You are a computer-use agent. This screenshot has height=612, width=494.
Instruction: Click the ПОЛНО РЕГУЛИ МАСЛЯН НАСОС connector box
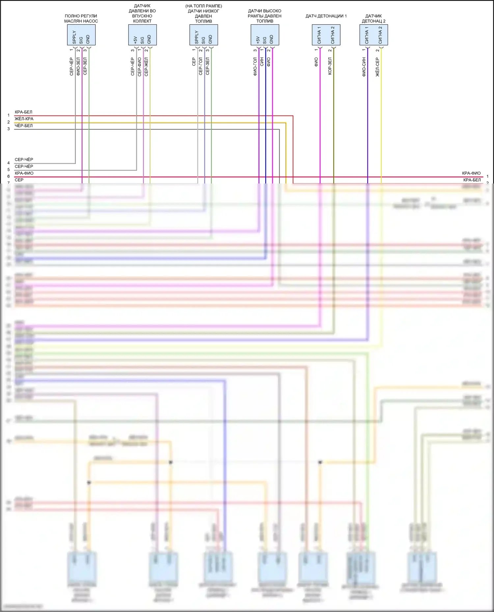tap(81, 35)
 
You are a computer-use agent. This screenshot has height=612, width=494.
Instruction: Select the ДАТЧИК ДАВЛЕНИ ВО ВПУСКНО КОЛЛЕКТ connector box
tap(142, 35)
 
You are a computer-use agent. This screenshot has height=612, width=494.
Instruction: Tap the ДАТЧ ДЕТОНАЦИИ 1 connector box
tap(326, 35)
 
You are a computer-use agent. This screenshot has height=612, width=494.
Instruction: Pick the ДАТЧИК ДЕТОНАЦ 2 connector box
tap(373, 35)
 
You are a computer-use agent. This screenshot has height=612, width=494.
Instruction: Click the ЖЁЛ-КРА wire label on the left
tap(24, 119)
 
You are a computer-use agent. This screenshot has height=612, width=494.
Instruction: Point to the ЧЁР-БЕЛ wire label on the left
tap(24, 126)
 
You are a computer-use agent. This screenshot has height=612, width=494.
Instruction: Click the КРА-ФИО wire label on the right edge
tap(471, 173)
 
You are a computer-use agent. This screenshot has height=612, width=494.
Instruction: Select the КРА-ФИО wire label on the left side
tap(24, 173)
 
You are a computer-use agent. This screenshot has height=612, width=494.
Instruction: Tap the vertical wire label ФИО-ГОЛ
tap(255, 67)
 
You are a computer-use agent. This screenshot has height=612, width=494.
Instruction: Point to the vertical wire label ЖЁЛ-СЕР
tap(377, 67)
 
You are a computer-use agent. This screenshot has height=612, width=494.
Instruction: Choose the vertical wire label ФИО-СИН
tap(364, 67)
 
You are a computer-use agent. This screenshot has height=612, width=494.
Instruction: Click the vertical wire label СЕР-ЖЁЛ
tap(146, 67)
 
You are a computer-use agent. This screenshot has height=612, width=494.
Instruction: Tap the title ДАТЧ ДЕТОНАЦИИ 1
tap(326, 16)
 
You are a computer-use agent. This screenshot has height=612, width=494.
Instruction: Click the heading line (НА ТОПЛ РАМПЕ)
tap(204, 6)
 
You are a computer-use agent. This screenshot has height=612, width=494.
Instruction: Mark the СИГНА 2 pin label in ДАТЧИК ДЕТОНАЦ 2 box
tap(380, 35)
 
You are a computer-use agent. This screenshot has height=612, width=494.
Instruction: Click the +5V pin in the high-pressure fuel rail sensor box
tap(258, 40)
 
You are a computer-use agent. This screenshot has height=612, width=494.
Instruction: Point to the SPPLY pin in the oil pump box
tap(74, 37)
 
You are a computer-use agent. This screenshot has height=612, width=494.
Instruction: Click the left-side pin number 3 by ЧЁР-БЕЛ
tap(9, 129)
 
